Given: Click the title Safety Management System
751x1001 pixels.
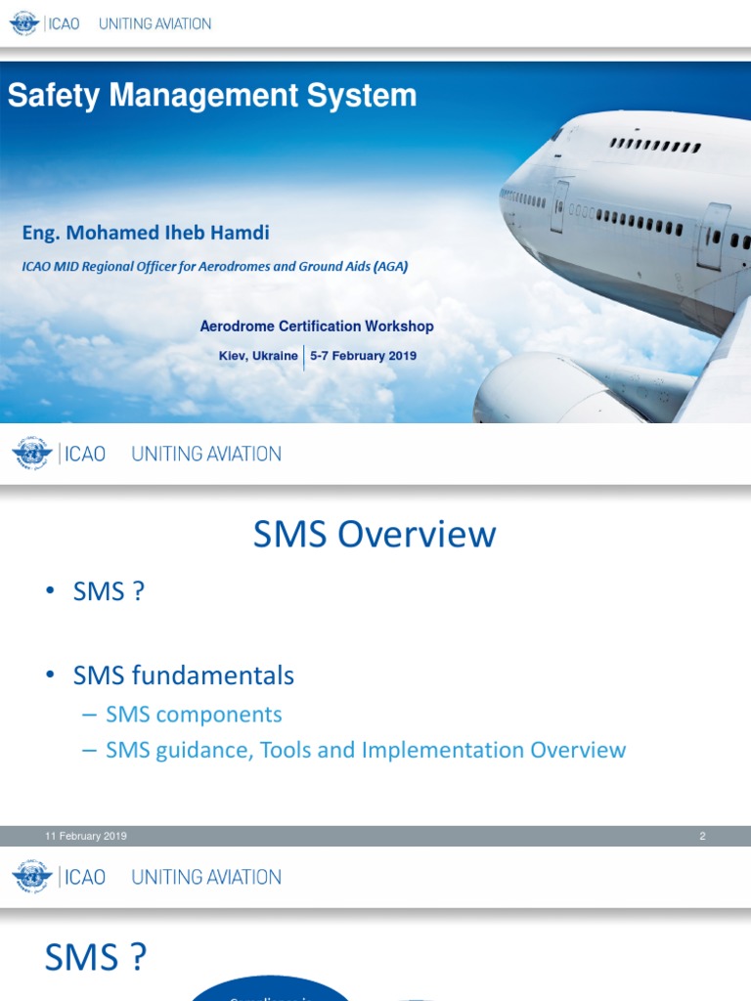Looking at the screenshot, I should pos(212,96).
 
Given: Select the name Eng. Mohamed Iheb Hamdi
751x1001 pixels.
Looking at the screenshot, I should pos(146,233).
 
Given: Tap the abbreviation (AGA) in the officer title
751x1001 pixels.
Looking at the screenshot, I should pos(390,265).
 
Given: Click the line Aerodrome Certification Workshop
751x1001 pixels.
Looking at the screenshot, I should pos(317,326).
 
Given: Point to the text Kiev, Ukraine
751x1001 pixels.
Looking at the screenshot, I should pos(258,356).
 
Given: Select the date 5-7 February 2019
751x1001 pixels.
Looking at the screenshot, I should pos(363,356).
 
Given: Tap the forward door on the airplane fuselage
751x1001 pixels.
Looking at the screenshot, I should pos(558,204).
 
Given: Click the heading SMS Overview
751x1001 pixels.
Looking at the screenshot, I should pos(375,535).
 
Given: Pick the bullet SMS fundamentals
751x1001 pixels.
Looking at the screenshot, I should pos(183,675).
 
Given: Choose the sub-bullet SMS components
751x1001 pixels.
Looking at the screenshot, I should pos(194,715).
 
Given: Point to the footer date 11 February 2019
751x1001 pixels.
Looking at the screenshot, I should pos(86,836).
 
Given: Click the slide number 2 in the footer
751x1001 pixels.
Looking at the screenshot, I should pos(702,836).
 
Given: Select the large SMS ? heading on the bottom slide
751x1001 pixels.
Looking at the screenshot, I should pos(96,958).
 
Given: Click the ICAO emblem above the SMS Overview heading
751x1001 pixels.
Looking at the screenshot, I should pos(32,454).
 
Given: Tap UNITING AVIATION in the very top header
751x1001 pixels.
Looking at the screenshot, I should pos(155,23).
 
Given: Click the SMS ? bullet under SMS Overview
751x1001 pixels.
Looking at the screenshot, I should pos(109,591).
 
